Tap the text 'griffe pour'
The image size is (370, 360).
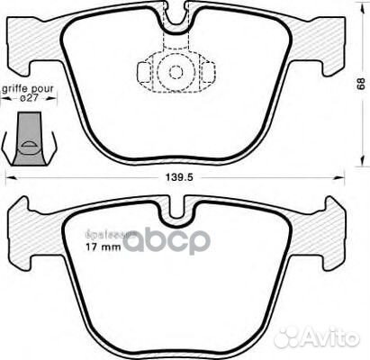[27, 89]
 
